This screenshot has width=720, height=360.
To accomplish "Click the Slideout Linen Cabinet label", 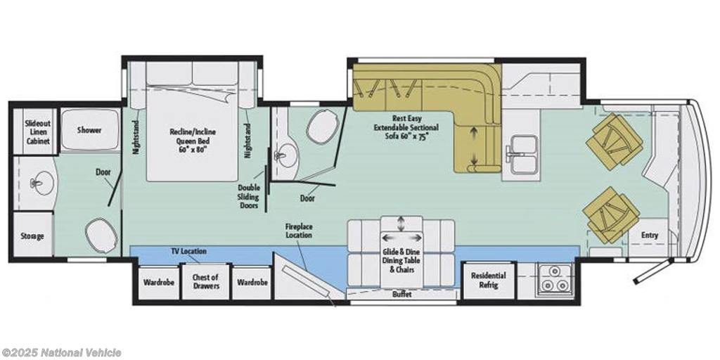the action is [x=38, y=132].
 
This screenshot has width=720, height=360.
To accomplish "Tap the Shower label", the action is [x=89, y=130].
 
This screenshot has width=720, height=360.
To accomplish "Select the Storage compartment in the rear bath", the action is [x=32, y=235].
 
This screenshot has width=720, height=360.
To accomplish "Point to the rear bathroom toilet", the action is [x=101, y=235].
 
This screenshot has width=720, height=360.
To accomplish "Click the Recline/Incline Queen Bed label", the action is [x=193, y=140].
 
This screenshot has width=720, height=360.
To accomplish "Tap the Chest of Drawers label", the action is [x=205, y=281].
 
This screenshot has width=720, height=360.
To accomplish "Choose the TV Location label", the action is [x=188, y=251].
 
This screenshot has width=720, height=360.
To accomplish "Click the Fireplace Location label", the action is [x=298, y=231].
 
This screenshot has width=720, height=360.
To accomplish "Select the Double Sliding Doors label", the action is [x=248, y=197].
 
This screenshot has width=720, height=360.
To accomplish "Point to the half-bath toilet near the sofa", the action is [x=323, y=127].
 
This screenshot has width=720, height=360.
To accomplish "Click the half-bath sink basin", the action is [x=287, y=157].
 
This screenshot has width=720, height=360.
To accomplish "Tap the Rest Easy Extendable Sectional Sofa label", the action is [x=406, y=127].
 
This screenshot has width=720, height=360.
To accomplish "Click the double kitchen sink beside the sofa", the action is [x=523, y=155].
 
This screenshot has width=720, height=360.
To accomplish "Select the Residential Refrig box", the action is [x=489, y=280].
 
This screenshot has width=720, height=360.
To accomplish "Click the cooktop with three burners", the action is [x=555, y=278].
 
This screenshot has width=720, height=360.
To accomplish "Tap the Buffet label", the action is [x=401, y=295].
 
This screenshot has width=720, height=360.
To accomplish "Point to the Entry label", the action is [x=649, y=235].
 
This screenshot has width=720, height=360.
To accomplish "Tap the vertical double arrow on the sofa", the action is [x=474, y=146].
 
